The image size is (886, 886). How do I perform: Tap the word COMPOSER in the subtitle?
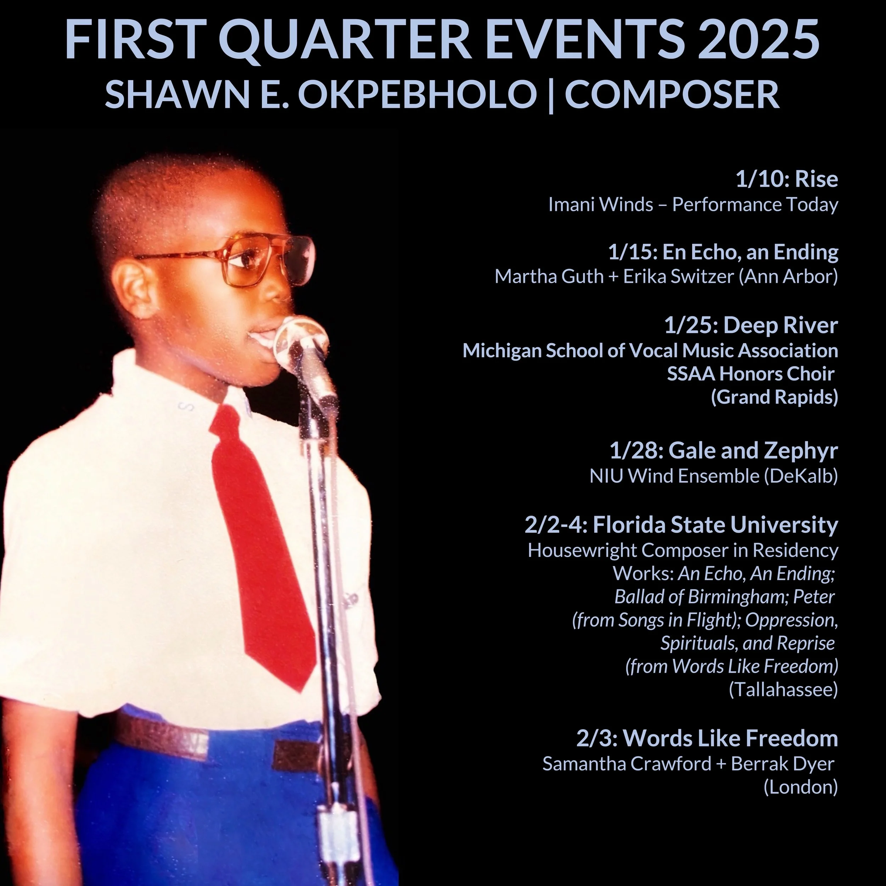click(672, 95)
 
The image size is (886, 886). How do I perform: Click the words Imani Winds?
click(601, 204)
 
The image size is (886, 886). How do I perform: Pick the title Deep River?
click(780, 326)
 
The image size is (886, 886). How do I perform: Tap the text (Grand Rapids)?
click(774, 397)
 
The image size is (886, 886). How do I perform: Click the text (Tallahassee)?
click(783, 689)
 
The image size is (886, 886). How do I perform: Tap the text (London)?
click(801, 787)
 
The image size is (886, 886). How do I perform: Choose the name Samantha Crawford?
click(627, 764)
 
